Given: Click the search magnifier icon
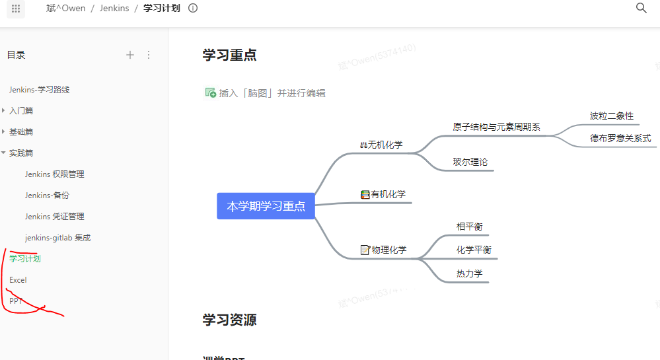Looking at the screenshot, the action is point(641,8).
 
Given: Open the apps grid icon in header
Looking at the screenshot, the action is point(16,9).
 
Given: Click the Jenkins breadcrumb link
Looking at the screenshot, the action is point(114,9).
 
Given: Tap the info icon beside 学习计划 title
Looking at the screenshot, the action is point(193,9).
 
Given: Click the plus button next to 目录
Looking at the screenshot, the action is point(130,55).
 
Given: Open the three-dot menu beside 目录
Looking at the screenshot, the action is point(149,55).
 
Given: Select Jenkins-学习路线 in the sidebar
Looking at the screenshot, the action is point(39,90).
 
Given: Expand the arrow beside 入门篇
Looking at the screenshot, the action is point(4,111).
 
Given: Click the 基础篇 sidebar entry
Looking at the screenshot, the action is point(21,132).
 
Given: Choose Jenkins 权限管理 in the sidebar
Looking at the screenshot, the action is point(54,174).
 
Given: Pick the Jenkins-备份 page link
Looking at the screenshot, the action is point(47,196).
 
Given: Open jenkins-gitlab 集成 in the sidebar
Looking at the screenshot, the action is point(57,238).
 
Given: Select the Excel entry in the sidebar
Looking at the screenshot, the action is point(18,280).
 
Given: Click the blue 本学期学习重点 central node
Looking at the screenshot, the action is point(266,206).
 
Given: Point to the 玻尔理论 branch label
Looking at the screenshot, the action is point(470,162).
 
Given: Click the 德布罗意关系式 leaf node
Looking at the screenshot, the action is point(620,139).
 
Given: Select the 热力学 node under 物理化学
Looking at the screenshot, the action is point(469,273).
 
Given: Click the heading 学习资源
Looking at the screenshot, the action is point(229,320).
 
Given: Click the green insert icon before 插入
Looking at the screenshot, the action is point(211,93).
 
